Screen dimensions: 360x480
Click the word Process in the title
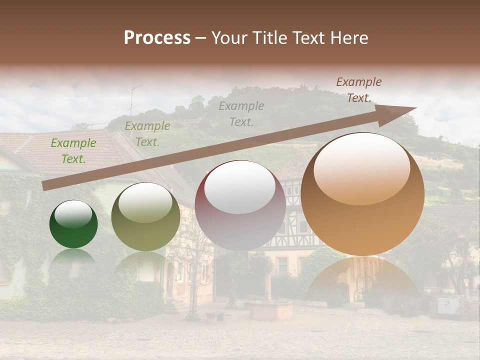(x=157, y=38)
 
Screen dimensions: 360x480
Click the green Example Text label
(x=73, y=151)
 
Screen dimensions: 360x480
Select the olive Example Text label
(x=147, y=134)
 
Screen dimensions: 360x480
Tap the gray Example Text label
(x=241, y=113)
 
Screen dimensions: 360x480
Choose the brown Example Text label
(x=358, y=90)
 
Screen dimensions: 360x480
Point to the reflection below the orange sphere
(x=362, y=280)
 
